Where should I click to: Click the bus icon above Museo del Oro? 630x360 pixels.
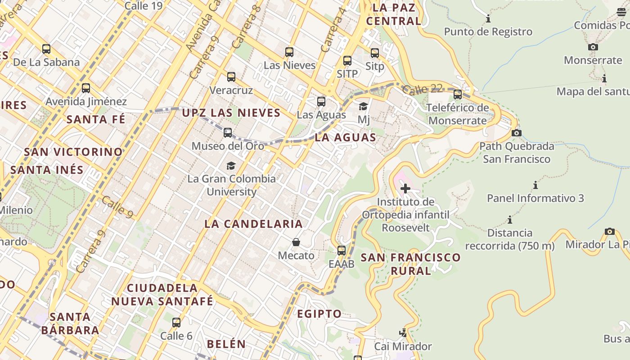[228, 133]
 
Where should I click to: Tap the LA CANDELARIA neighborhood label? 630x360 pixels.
[253, 224]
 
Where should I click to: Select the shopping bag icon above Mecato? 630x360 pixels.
[296, 243]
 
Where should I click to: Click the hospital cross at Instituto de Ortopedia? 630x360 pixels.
[405, 189]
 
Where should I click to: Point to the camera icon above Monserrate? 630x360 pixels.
[593, 47]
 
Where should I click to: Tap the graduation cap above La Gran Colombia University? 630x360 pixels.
[231, 166]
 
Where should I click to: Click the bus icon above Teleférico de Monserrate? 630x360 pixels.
[458, 94]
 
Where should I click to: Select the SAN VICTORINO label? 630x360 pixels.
[73, 152]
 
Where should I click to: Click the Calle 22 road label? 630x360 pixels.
[423, 89]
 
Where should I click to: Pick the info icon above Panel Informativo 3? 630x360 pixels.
[535, 185]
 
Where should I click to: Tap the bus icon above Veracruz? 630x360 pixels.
[231, 77]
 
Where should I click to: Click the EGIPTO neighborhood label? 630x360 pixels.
[319, 314]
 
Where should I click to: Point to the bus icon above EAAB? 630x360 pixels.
[342, 251]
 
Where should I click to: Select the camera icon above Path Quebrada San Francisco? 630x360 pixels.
[517, 133]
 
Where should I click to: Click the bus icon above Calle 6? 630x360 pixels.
[176, 323]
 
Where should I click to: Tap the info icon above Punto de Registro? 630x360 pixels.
[488, 19]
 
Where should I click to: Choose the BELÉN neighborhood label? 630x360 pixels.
[226, 344]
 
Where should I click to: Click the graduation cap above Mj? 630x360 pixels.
[363, 107]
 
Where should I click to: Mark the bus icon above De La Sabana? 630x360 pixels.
[46, 49]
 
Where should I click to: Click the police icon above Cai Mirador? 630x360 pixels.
[403, 333]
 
